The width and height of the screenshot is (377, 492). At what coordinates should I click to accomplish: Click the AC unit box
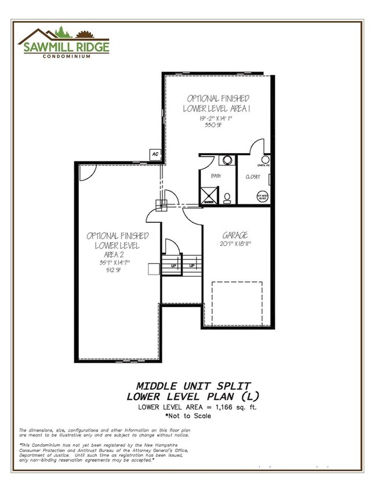click(155, 154)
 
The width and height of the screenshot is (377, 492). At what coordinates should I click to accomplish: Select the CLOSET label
click(253, 176)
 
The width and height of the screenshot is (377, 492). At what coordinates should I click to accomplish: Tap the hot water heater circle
click(263, 196)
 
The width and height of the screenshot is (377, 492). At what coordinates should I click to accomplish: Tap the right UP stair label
click(192, 266)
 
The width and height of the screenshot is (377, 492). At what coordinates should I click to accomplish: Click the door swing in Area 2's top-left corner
click(87, 172)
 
